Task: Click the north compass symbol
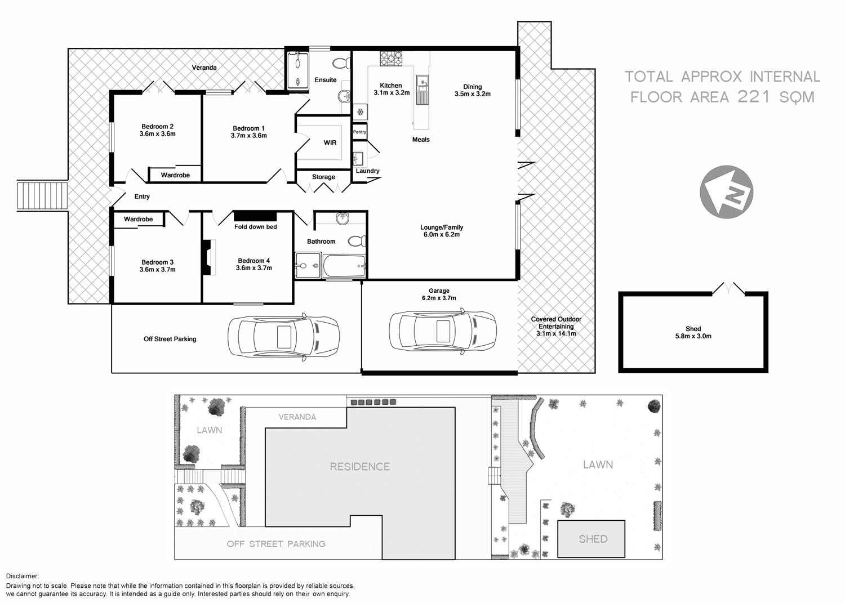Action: [727, 191]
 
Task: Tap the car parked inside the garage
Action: [443, 333]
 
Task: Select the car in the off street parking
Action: [283, 337]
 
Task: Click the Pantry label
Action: [359, 132]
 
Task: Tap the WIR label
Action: [330, 143]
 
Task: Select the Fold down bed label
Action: [255, 227]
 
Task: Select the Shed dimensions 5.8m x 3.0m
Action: [693, 336]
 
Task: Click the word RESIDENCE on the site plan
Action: [359, 466]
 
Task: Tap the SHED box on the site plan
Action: [592, 539]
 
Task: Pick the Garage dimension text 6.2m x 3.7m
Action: [439, 298]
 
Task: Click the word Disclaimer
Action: [23, 576]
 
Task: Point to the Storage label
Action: [323, 177]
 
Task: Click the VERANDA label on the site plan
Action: [297, 417]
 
